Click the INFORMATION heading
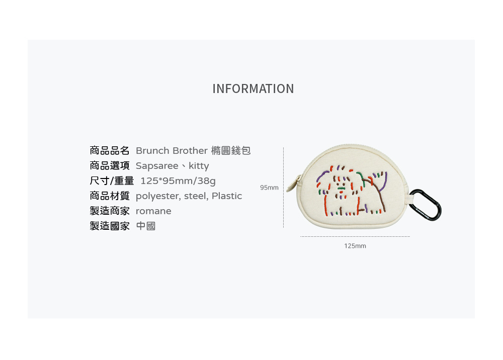253,89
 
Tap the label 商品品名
110,151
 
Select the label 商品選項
110,166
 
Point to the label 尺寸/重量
112,181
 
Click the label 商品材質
110,196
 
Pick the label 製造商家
110,211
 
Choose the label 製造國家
110,226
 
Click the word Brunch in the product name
152,151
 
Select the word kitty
199,166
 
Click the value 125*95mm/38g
178,181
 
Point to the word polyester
157,196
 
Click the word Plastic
227,196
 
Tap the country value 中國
146,226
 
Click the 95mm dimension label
269,188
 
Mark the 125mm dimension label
355,246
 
